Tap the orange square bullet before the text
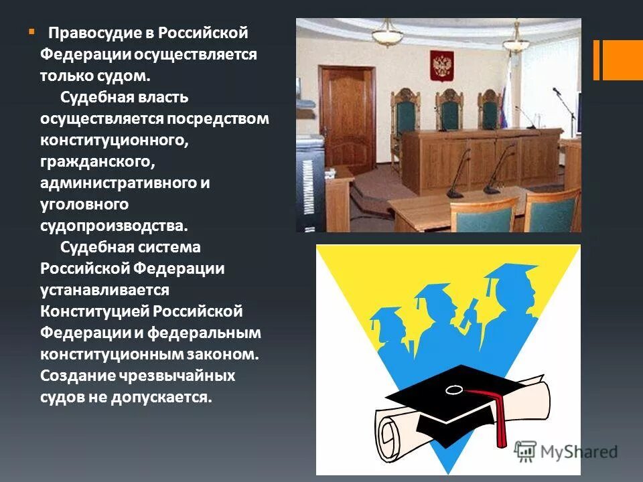point(30,31)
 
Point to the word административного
point(117,183)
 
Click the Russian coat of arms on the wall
point(441,67)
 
